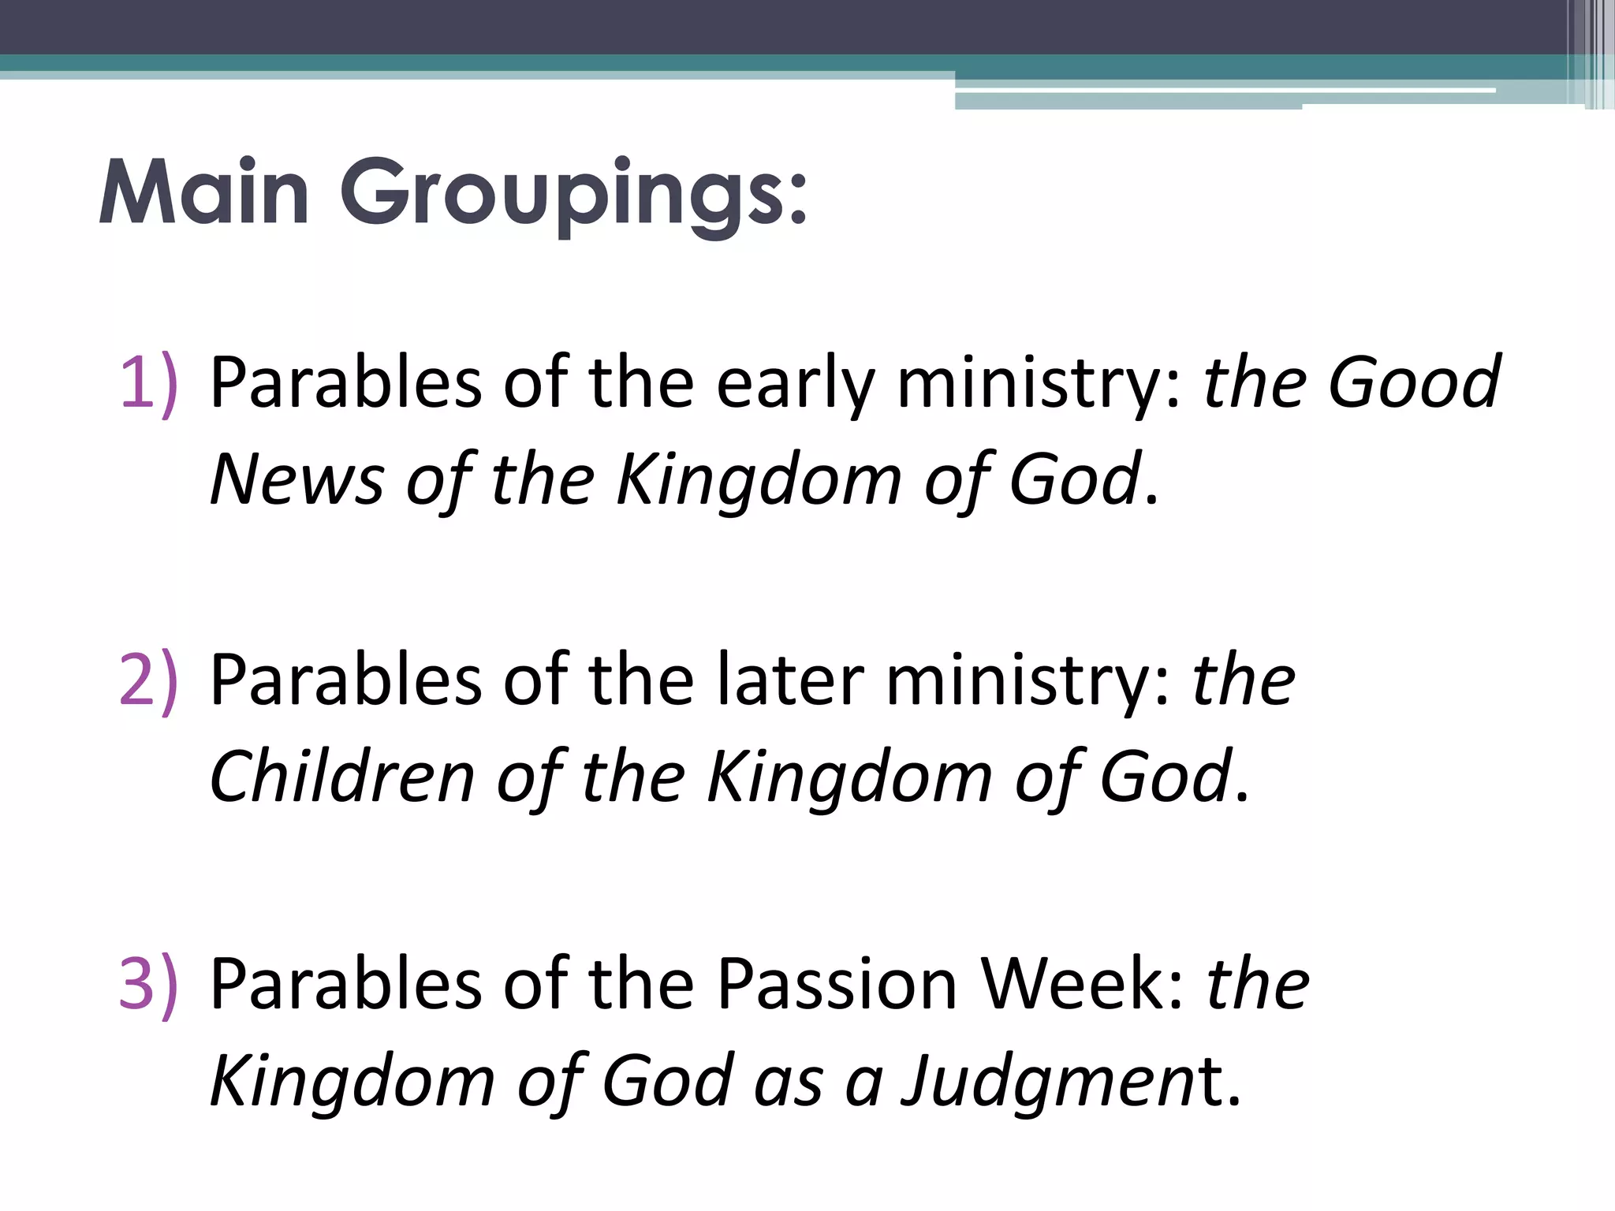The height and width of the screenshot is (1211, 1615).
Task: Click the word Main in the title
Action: tap(203, 193)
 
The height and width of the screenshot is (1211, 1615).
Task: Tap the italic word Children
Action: tap(341, 777)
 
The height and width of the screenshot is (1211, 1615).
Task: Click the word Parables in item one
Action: tap(345, 383)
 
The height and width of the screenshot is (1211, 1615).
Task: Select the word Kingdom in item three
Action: tap(352, 1080)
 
